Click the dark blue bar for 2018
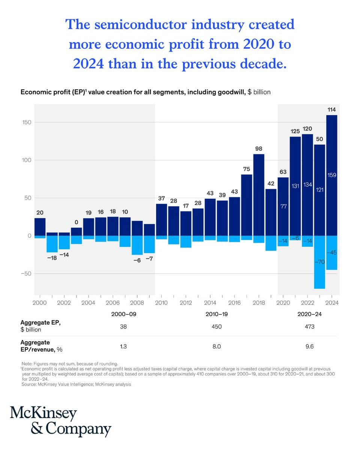click(x=258, y=195)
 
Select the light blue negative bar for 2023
click(x=319, y=262)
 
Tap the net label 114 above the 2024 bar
click(x=331, y=109)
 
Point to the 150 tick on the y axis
click(x=27, y=122)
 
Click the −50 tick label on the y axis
click(x=26, y=273)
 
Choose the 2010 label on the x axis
click(x=161, y=303)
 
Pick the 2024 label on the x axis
click(x=332, y=303)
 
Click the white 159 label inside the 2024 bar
click(x=332, y=175)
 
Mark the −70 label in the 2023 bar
click(x=319, y=262)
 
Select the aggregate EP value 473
click(x=310, y=326)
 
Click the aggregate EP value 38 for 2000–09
click(x=123, y=326)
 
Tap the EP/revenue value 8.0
click(x=216, y=346)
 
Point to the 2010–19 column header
click(x=216, y=314)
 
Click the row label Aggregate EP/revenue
click(x=41, y=346)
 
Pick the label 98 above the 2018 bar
click(x=259, y=148)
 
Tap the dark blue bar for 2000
click(x=40, y=227)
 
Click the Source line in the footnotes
click(x=76, y=384)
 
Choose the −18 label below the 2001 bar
click(x=52, y=258)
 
